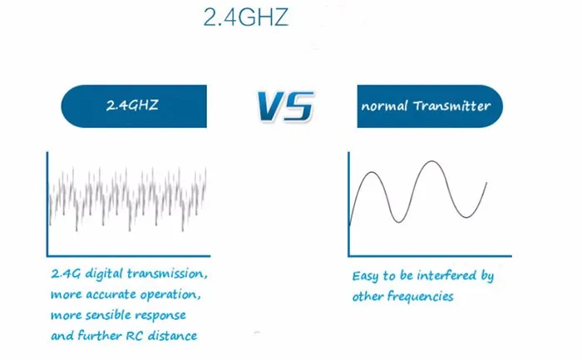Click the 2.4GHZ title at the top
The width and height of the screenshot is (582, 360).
246,17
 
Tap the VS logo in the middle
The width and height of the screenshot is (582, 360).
285,106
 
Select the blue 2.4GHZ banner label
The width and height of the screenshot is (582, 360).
134,106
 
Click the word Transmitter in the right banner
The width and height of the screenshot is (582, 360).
452,106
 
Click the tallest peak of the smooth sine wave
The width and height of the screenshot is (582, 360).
432,161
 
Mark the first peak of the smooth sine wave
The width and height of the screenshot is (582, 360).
372,172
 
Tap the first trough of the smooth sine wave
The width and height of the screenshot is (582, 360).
398,222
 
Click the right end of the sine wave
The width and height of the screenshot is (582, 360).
486,183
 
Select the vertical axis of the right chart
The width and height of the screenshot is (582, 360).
348,204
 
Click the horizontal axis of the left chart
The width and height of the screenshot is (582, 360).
128,256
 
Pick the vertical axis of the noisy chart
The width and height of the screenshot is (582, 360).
47,204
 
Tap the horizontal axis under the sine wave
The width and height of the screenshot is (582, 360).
430,256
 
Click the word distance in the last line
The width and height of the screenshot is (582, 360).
173,336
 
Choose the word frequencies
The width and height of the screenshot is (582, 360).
421,296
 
